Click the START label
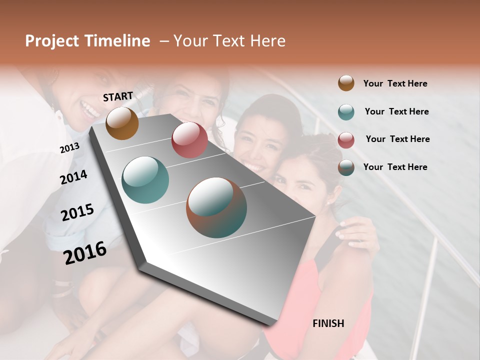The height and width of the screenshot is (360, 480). pos(118,96)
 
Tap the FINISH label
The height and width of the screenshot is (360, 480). pos(328,323)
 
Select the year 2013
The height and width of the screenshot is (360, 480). pos(69,148)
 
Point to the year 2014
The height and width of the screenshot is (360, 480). pos(73,177)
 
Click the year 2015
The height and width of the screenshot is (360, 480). pos(77,212)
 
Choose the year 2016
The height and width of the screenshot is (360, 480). pos(85,253)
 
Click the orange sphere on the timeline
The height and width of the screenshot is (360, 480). pos(122,123)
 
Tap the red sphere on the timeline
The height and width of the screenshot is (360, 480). pos(189,140)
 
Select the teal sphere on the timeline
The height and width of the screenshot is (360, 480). pos(145,180)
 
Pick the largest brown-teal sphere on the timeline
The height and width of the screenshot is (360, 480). pos(216,207)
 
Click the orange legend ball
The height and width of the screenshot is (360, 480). pos(346,83)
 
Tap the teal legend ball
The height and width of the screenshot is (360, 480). pos(346,112)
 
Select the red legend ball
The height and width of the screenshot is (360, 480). pos(346,140)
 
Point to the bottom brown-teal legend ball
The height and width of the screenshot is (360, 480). pos(346,167)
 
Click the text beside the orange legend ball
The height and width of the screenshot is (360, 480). pos(395,83)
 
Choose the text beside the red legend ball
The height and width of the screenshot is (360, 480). pos(397,139)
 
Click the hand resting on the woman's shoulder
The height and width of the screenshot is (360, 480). pos(356,234)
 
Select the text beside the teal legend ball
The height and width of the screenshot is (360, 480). pos(396,111)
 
